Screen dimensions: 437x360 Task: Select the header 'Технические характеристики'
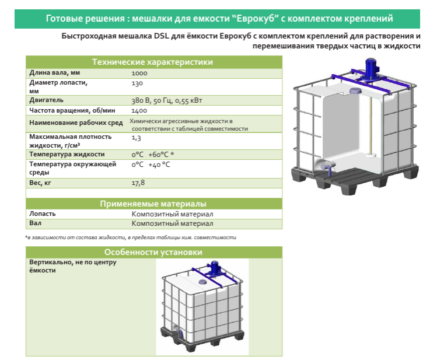[x=153, y=62]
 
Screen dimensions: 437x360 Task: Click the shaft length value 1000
[x=139, y=73]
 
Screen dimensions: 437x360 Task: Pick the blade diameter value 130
[x=138, y=82]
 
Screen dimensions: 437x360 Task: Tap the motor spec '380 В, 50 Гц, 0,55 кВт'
[x=167, y=100]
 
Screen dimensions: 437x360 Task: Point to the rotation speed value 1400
[x=139, y=110]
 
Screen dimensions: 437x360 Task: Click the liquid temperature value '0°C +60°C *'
[x=153, y=155]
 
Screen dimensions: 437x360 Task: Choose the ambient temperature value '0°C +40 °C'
[x=151, y=165]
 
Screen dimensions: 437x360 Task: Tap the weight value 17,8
[x=138, y=183]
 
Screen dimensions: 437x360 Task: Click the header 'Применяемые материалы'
[x=153, y=204]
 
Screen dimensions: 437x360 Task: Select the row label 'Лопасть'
[x=43, y=214]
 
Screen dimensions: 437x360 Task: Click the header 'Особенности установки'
[x=153, y=253]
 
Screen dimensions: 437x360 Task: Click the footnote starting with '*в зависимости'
[x=131, y=237]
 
